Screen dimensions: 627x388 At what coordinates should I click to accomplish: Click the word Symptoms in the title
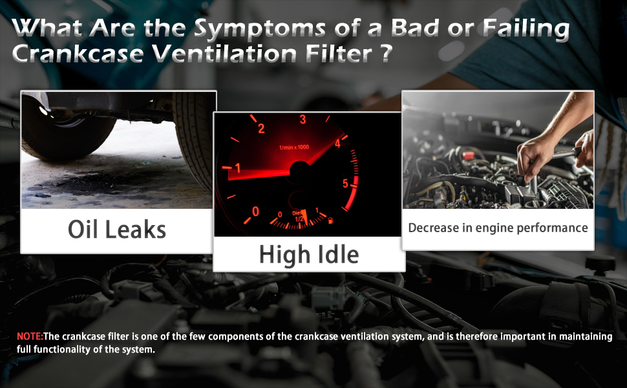259,29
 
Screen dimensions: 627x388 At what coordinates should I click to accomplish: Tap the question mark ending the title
385,53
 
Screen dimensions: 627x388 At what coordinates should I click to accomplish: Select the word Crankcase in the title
78,54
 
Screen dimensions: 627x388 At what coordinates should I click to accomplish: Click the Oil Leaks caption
117,230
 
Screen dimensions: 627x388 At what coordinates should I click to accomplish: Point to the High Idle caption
309,255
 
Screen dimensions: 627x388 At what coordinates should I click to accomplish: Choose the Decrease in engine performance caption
498,228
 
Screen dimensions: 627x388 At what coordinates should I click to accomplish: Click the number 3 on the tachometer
303,119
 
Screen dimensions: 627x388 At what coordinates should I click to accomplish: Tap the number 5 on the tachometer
345,184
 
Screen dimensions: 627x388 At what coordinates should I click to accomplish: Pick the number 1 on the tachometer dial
238,168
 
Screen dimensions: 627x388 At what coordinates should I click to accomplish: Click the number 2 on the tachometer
261,129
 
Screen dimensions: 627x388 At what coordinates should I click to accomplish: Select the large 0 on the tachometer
255,211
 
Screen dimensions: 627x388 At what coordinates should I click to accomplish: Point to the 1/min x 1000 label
294,147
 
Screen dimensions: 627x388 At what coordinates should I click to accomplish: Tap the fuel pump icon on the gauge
331,221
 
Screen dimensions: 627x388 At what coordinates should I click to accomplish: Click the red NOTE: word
30,336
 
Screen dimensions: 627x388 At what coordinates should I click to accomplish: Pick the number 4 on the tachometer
337,143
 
